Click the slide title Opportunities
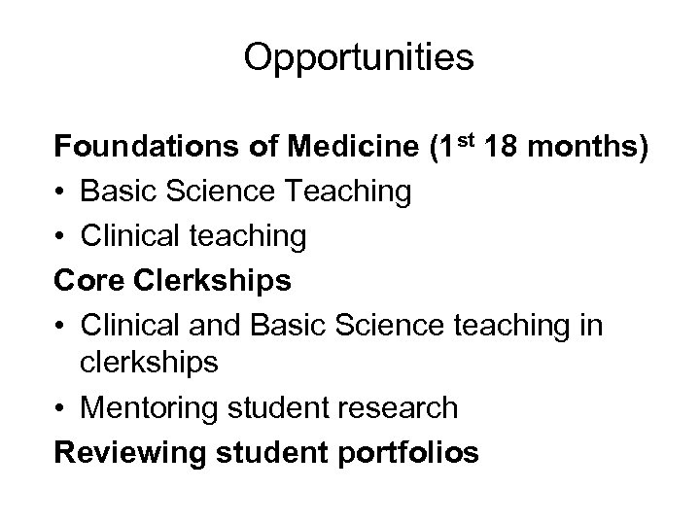tap(359, 58)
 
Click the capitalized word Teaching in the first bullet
tap(351, 192)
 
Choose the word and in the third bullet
tap(226, 326)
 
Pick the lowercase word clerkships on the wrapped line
tap(164, 364)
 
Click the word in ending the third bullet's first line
tap(591, 326)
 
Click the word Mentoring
tap(151, 408)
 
